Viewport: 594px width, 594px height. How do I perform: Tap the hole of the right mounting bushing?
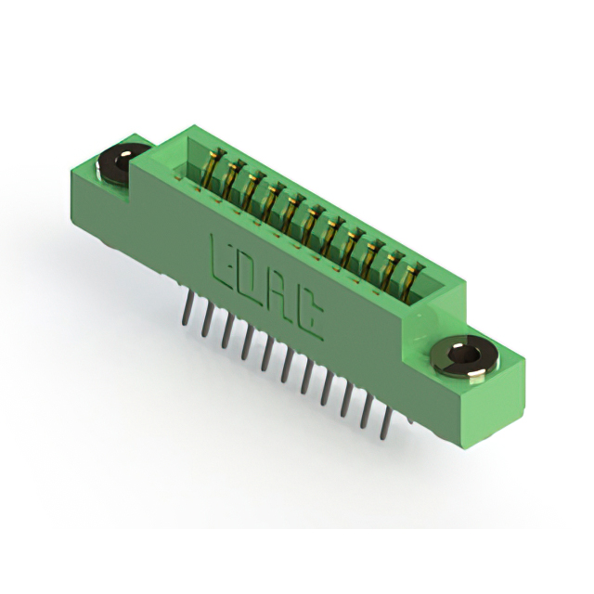point(462,355)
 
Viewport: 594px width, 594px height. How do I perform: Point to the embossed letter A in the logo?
point(279,298)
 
